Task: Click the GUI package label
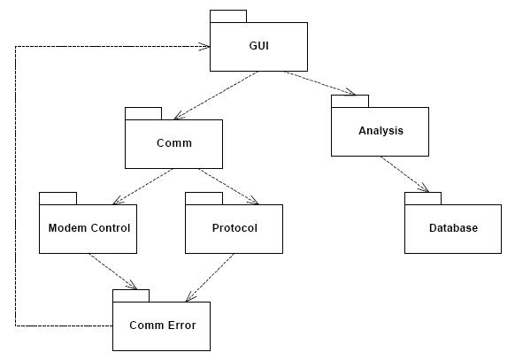pyautogui.click(x=258, y=46)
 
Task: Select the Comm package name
pyautogui.click(x=174, y=143)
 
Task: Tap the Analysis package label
pyautogui.click(x=380, y=131)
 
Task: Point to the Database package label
pyautogui.click(x=453, y=227)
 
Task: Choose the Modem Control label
pyautogui.click(x=89, y=227)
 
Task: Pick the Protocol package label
pyautogui.click(x=234, y=227)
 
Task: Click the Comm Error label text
pyautogui.click(x=163, y=326)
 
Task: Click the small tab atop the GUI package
pyautogui.click(x=228, y=17)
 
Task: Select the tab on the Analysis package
pyautogui.click(x=350, y=101)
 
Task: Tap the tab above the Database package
pyautogui.click(x=423, y=198)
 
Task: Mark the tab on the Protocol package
pyautogui.click(x=204, y=198)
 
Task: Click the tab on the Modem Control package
pyautogui.click(x=58, y=198)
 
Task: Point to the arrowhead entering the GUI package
pyautogui.click(x=207, y=46)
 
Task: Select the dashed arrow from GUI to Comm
pyautogui.click(x=216, y=96)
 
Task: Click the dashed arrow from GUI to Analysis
pyautogui.click(x=320, y=83)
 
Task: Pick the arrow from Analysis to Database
pyautogui.click(x=404, y=174)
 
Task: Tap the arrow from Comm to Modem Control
pyautogui.click(x=142, y=187)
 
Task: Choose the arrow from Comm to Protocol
pyautogui.click(x=228, y=187)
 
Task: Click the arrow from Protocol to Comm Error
pyautogui.click(x=210, y=278)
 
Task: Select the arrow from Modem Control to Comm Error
pyautogui.click(x=112, y=272)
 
